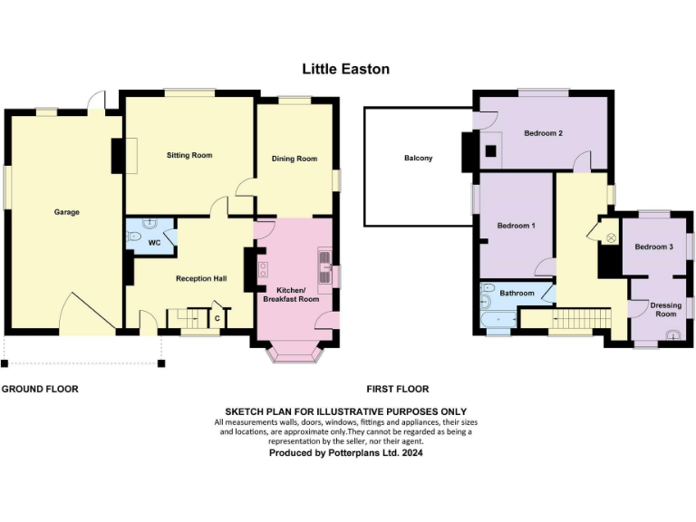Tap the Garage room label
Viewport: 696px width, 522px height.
(66, 212)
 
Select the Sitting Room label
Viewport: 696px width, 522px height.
(189, 155)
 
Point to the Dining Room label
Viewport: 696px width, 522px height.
(295, 159)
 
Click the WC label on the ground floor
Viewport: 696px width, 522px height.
(154, 243)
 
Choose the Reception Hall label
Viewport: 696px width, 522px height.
(200, 278)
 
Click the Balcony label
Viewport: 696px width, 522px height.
(418, 159)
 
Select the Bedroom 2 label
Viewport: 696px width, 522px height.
(543, 133)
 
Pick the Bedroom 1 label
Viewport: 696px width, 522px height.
(516, 225)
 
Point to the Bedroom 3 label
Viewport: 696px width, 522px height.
(653, 246)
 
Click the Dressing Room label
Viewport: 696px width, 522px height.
(665, 310)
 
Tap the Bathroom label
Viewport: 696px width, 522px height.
(517, 294)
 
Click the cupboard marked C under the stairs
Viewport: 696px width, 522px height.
(217, 318)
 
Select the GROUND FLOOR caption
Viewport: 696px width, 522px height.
(40, 389)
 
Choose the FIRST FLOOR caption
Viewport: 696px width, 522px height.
(397, 389)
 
